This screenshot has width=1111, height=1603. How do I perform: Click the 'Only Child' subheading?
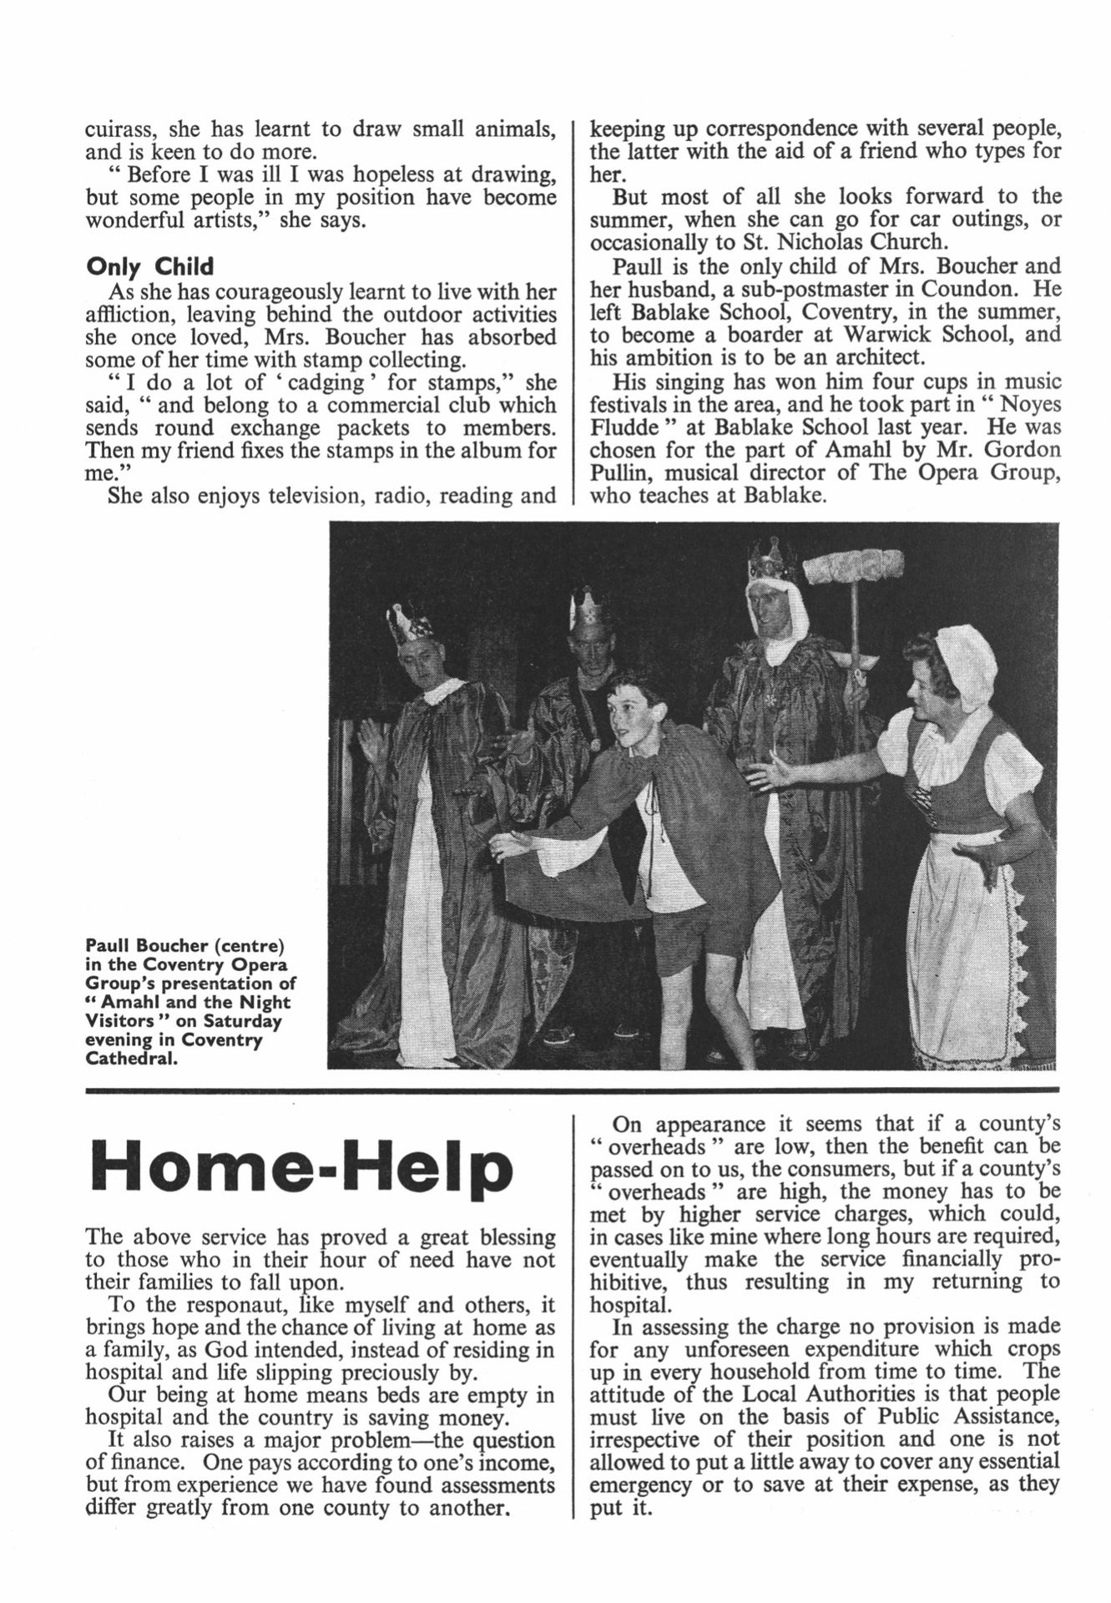150,267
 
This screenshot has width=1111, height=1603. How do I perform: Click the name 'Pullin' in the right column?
619,473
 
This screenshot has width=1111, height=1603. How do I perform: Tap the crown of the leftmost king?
409,622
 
